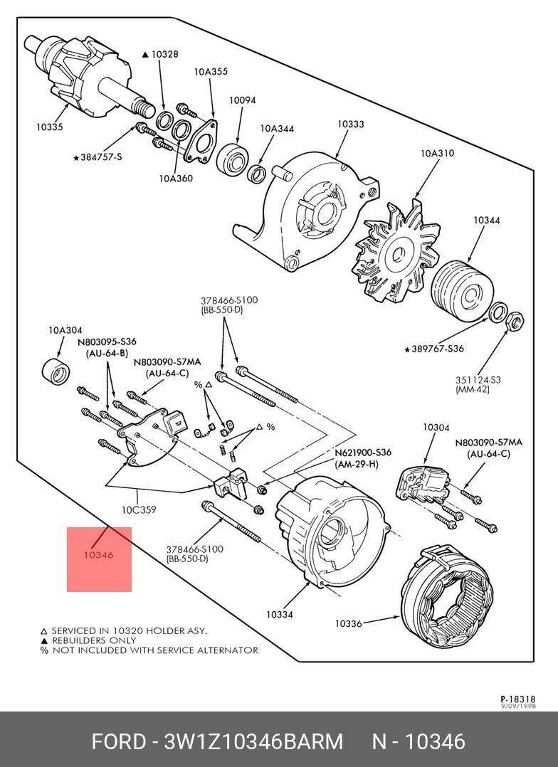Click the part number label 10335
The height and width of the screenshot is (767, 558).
[50, 127]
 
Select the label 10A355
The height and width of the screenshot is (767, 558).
[211, 71]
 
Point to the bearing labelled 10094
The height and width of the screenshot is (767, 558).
[233, 157]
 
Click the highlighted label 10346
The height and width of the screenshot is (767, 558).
[98, 555]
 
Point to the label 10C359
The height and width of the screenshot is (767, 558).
[138, 509]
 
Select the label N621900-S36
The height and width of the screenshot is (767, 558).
[362, 453]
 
